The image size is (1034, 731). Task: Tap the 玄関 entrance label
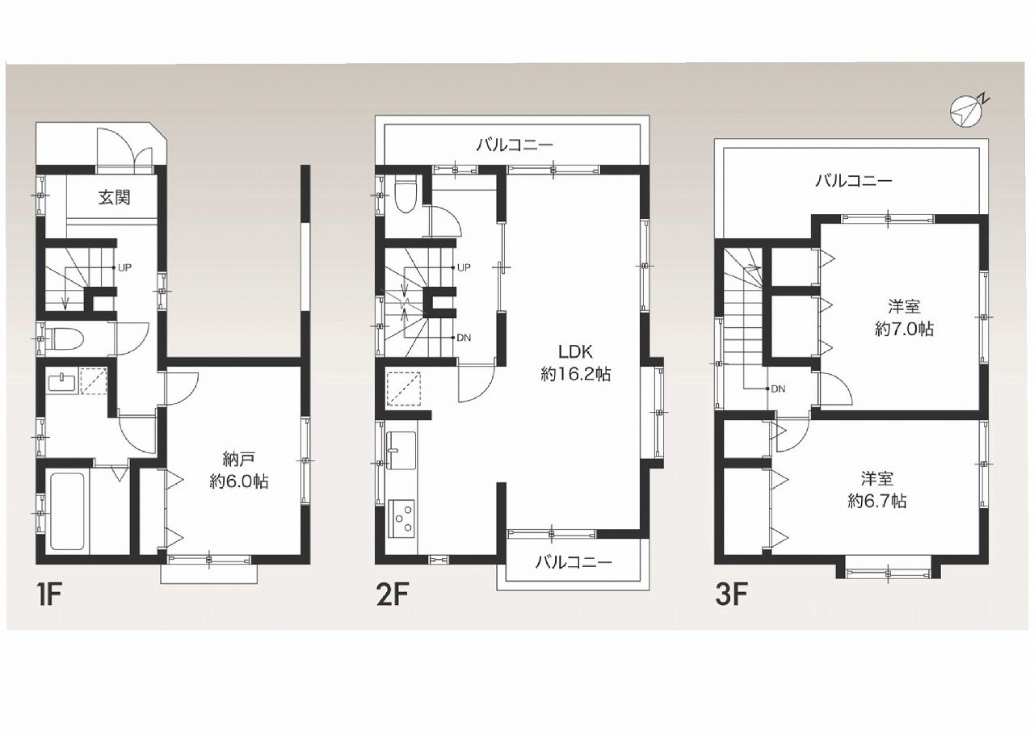pos(115,198)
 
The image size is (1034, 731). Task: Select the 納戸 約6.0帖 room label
pos(238,470)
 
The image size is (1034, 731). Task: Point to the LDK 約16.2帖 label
pos(576,363)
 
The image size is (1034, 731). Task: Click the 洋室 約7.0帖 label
pos(904,317)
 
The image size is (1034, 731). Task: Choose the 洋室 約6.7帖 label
pos(877,489)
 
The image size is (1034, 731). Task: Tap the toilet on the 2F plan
pos(406,195)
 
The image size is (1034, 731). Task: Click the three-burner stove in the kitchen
pos(402,519)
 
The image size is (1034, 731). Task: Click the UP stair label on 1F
pos(124,267)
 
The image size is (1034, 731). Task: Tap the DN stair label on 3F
pos(778,389)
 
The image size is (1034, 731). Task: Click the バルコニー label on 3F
pos(854,180)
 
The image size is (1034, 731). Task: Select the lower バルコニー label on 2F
pos(574,561)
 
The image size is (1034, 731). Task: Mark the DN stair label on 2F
pos(464,338)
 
